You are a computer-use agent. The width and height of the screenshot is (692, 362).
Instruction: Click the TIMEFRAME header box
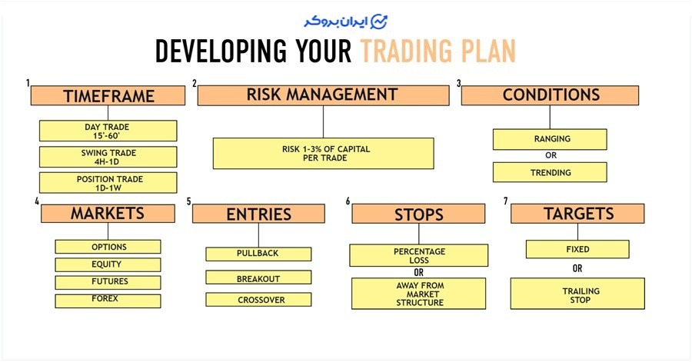[x=108, y=95]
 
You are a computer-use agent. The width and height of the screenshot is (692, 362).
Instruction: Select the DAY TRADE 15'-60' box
[x=108, y=131]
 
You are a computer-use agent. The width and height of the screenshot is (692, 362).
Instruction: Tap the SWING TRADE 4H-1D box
[x=108, y=157]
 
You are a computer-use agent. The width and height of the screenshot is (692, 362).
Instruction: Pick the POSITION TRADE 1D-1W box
[x=108, y=183]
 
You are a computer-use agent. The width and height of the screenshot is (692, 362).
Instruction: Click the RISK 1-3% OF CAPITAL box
[x=324, y=154]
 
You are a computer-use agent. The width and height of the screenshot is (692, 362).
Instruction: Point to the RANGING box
[x=550, y=139]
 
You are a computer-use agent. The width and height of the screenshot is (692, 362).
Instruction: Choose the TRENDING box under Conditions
[x=550, y=172]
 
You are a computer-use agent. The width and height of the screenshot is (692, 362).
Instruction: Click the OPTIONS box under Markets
[x=108, y=247]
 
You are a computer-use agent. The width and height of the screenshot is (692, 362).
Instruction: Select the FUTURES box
[x=108, y=282]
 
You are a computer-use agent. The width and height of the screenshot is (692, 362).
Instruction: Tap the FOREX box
[x=108, y=301]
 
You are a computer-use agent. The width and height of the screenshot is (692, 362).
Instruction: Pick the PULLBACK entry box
[x=258, y=254]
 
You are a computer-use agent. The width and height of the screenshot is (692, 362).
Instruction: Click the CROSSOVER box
[x=258, y=300]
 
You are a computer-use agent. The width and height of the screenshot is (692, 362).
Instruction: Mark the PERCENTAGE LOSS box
[x=419, y=256]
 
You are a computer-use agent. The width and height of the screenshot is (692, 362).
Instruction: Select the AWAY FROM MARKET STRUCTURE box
[x=419, y=294]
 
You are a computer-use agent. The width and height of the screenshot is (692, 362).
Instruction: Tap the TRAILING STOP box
[x=577, y=294]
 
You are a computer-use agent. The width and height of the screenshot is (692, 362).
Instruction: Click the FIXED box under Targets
[x=577, y=250]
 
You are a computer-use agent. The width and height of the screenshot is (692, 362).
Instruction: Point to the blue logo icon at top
[x=378, y=22]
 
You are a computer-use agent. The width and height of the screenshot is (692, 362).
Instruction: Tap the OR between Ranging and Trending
[x=551, y=156]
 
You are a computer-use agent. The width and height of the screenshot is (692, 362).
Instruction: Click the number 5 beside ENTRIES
[x=189, y=201]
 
